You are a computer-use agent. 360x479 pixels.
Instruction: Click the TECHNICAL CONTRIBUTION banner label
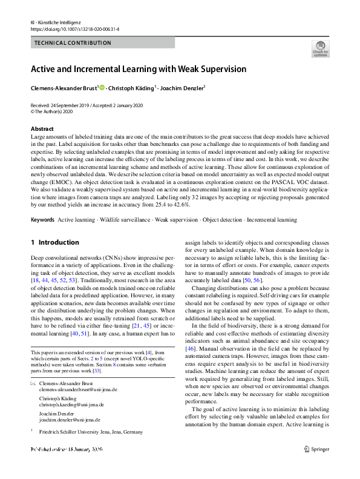[x=73, y=43]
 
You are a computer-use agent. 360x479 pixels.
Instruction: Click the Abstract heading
[x=42, y=129]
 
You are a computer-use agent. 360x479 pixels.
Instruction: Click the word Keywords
[x=42, y=220]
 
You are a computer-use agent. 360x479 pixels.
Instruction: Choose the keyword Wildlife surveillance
[x=121, y=220]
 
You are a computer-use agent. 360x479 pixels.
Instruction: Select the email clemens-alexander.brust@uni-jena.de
[x=76, y=391]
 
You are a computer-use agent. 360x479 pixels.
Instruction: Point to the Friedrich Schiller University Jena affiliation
[x=91, y=432]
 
